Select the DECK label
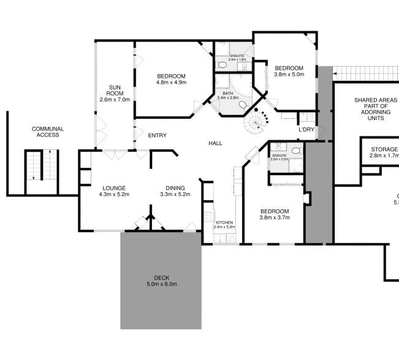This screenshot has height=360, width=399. pos(162,278)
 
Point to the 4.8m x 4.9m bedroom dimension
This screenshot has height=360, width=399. pos(171,82)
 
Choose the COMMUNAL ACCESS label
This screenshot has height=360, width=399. pos(48,132)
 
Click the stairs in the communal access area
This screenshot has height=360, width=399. pos(36,166)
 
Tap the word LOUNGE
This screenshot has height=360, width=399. pos(114,188)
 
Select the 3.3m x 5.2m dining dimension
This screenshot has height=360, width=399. pos(175,195)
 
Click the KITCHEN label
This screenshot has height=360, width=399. pos(224,222)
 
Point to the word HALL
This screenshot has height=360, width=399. pos(215,143)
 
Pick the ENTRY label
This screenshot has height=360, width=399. pos(158,135)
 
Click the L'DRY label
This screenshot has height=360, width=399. pos(306,130)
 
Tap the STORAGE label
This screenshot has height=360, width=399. pos(384,149)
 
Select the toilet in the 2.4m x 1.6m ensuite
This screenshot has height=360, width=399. pos(221,64)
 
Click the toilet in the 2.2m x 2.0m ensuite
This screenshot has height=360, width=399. pos(295,150)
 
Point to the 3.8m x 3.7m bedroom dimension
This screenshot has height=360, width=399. pos(275,217)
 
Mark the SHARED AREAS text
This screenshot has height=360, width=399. pos(376,100)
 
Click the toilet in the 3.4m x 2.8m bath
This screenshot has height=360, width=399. pos(243,105)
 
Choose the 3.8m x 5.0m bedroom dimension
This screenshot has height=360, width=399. pos(289,75)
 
